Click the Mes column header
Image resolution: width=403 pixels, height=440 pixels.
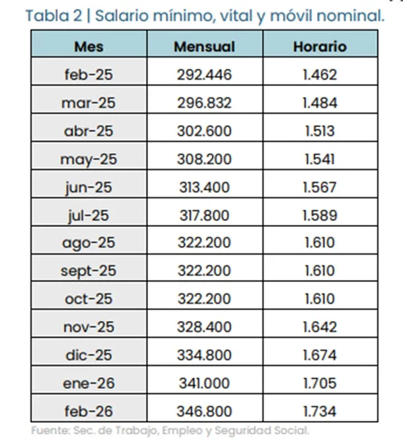pyautogui.click(x=89, y=47)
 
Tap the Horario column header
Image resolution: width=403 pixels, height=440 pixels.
pyautogui.click(x=320, y=47)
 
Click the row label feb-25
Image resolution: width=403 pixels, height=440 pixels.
pyautogui.click(x=89, y=75)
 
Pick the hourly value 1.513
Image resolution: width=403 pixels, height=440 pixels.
pyautogui.click(x=320, y=131)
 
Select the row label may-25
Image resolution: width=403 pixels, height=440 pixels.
pyautogui.click(x=89, y=159)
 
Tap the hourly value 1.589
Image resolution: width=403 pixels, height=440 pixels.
pyautogui.click(x=320, y=215)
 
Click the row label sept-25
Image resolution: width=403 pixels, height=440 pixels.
pyautogui.click(x=89, y=271)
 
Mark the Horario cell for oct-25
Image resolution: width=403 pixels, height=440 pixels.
pyautogui.click(x=320, y=299)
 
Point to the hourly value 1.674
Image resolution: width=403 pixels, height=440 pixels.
pyautogui.click(x=320, y=355)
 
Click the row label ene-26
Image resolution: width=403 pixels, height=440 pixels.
pyautogui.click(x=89, y=383)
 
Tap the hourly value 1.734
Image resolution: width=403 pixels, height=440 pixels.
pyautogui.click(x=320, y=411)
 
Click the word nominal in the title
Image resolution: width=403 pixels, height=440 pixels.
pyautogui.click(x=350, y=15)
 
